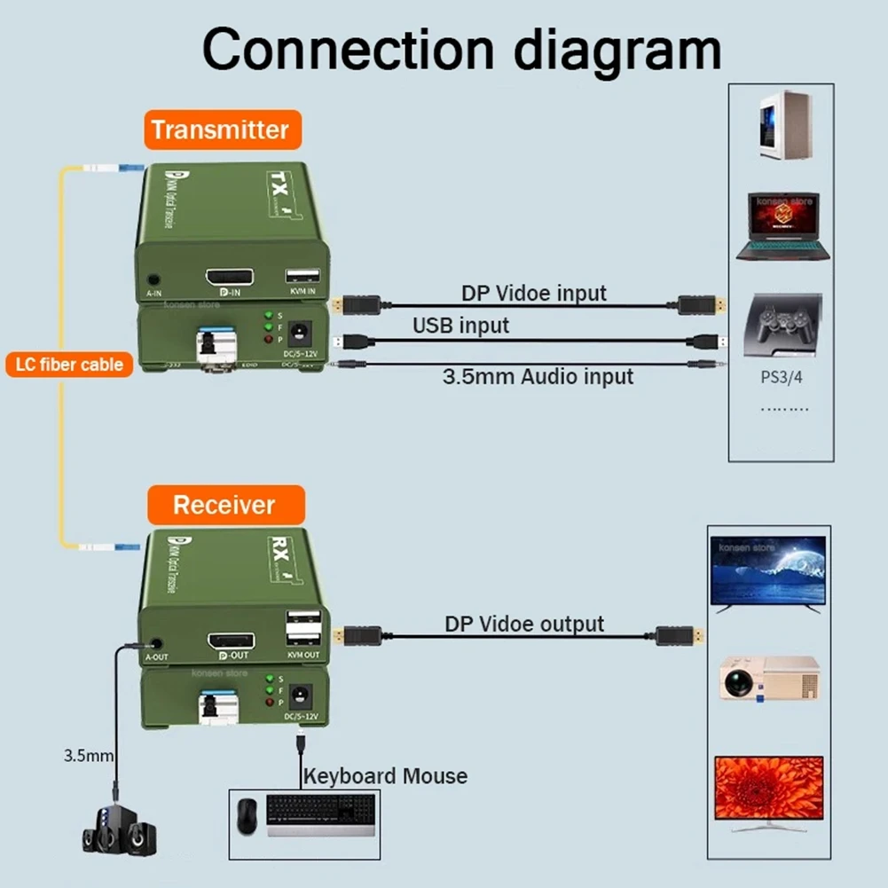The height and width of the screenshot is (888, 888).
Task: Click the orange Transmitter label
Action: point(219,130)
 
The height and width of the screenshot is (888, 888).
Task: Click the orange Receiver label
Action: point(224,506)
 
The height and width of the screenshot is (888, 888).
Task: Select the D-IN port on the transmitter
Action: point(230,278)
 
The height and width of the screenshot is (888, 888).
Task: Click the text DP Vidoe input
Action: point(533,293)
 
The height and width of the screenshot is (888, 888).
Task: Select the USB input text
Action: point(460,326)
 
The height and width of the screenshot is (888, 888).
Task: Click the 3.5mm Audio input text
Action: point(538,376)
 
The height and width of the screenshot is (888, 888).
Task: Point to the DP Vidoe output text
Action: point(524,624)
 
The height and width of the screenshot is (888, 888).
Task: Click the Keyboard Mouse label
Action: point(385,776)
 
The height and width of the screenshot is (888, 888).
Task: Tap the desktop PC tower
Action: point(781,127)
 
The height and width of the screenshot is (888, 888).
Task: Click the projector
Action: point(768,677)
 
